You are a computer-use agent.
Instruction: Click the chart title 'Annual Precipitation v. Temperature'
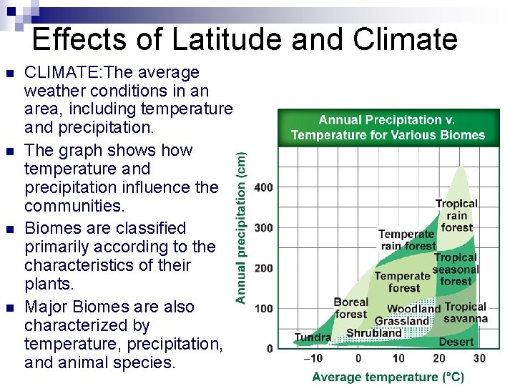tap(388, 127)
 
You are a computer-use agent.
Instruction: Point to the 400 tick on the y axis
tap(263, 187)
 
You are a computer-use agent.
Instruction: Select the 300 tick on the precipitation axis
tap(263, 227)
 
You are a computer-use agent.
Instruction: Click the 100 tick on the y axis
tap(263, 308)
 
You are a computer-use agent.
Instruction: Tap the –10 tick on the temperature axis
tap(313, 359)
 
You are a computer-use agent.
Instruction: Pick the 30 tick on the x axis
tap(479, 359)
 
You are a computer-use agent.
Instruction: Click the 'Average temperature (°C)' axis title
tap(388, 377)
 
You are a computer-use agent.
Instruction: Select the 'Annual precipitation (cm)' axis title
tap(242, 226)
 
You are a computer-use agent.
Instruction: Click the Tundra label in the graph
tap(313, 337)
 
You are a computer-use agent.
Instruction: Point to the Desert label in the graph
tap(456, 342)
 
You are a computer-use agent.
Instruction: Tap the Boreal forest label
tap(350, 308)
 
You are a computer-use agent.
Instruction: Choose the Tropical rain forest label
tap(456, 215)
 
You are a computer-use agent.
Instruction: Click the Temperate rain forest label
tap(407, 239)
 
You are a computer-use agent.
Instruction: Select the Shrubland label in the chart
tap(374, 333)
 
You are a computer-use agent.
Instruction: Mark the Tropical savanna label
tap(466, 312)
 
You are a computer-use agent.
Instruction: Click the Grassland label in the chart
tap(402, 322)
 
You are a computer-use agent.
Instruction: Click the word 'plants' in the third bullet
tap(47, 284)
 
